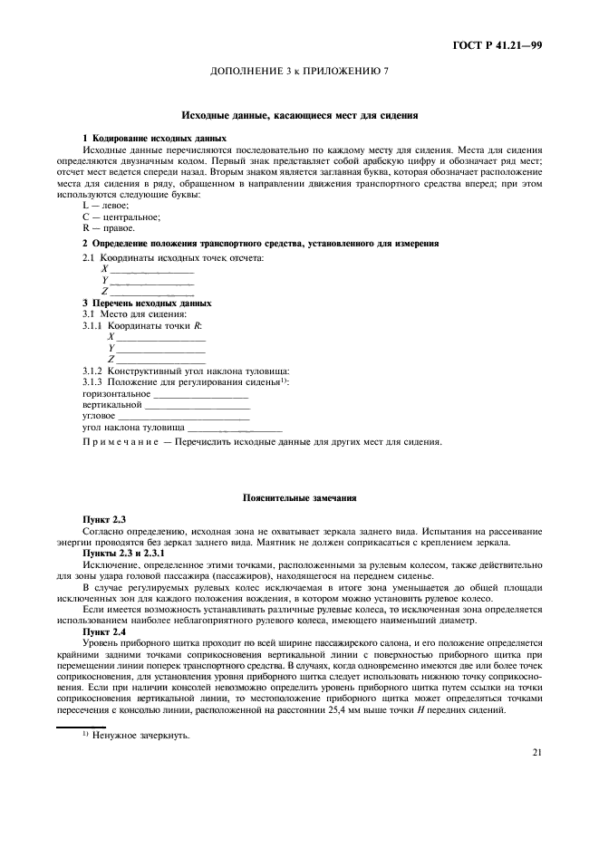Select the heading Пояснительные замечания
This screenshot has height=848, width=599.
[x=299, y=497]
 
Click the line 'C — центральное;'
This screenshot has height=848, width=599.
[x=121, y=217]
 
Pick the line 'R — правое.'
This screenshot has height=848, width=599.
[x=108, y=228]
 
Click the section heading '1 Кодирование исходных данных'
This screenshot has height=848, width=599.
[x=154, y=138]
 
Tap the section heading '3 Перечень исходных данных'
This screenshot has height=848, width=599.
[x=147, y=303]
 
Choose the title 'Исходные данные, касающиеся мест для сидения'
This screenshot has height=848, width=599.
[x=299, y=115]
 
